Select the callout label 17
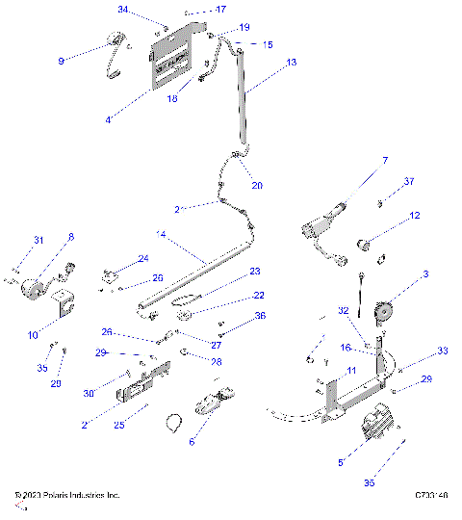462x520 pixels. (220, 10)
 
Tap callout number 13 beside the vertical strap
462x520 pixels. (292, 61)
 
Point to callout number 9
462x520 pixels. (62, 60)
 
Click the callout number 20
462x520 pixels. (256, 185)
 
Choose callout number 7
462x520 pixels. (384, 160)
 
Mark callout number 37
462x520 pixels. (408, 181)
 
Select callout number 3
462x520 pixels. (424, 276)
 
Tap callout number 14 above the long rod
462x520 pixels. (161, 233)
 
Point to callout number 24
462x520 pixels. (143, 257)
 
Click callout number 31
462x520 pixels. (39, 240)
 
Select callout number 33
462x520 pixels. (416, 351)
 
